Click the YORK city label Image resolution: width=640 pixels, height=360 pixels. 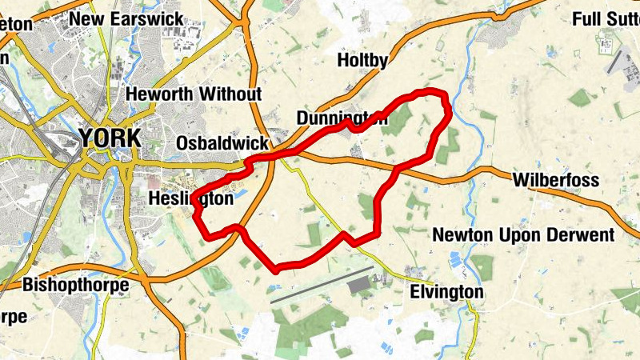click(110, 138)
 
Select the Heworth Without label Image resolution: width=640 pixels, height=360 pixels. click(194, 94)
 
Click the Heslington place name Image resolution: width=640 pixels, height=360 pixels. click(191, 198)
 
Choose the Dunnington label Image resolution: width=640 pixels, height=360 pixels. click(342, 118)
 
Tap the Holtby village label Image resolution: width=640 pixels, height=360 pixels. click(362, 60)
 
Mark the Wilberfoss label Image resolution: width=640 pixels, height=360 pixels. click(557, 180)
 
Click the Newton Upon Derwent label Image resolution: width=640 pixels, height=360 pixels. click(523, 235)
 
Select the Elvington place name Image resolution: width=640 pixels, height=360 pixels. click(446, 293)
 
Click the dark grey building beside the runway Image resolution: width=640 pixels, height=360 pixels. click(358, 284)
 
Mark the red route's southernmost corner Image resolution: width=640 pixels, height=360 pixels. click(277, 268)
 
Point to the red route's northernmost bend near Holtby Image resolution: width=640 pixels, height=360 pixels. click(432, 91)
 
